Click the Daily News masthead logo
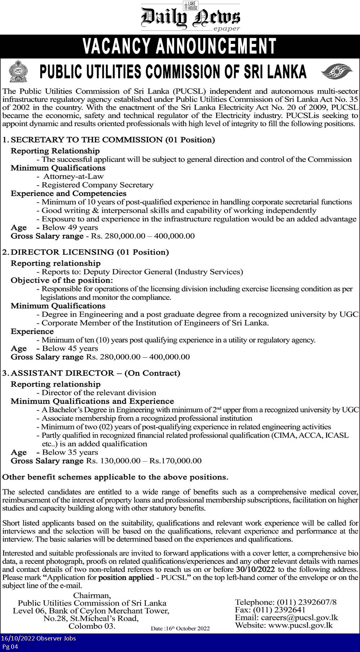pyautogui.click(x=190, y=17)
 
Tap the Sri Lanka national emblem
pyautogui.click(x=18, y=71)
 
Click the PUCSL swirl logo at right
pyautogui.click(x=336, y=71)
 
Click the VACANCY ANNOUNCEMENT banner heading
pyautogui.click(x=179, y=46)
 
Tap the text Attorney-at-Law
pyautogui.click(x=73, y=176)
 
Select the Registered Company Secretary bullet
pyautogui.click(x=97, y=185)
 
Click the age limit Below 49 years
pyautogui.click(x=70, y=227)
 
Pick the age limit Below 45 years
pyautogui.click(x=70, y=348)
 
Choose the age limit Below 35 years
pyautogui.click(x=70, y=452)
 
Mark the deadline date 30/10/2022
pyautogui.click(x=255, y=569)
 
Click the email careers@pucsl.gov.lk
pyautogui.click(x=299, y=617)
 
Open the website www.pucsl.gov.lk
pyautogui.click(x=300, y=625)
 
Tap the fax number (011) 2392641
pyautogui.click(x=279, y=610)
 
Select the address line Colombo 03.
pyautogui.click(x=92, y=626)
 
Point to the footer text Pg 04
pyautogui.click(x=10, y=647)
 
